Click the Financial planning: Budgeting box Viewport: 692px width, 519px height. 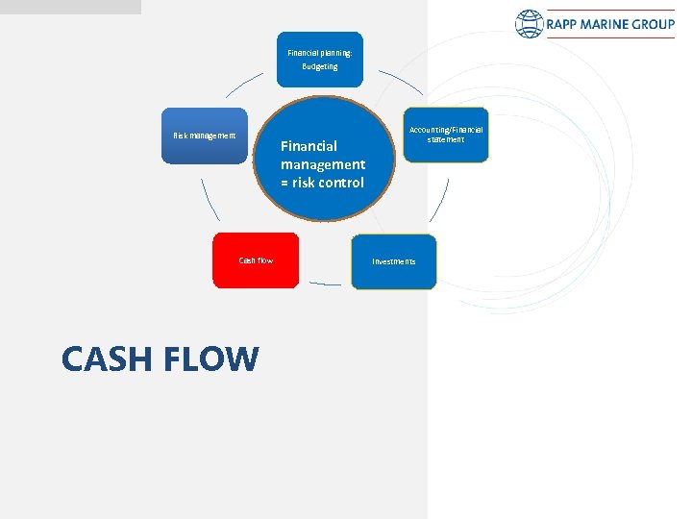(x=320, y=59)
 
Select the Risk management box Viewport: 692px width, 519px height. (x=204, y=136)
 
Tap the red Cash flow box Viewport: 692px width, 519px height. (x=256, y=260)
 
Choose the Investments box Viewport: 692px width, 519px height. (x=394, y=261)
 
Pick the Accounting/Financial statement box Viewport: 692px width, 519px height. (x=446, y=135)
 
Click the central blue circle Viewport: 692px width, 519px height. (x=322, y=159)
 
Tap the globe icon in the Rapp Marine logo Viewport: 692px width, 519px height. (x=530, y=24)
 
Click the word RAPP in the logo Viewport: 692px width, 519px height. (x=564, y=24)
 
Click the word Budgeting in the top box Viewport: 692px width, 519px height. (x=320, y=67)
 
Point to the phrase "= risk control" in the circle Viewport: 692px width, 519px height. (x=322, y=183)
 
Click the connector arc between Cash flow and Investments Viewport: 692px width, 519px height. (x=325, y=284)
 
